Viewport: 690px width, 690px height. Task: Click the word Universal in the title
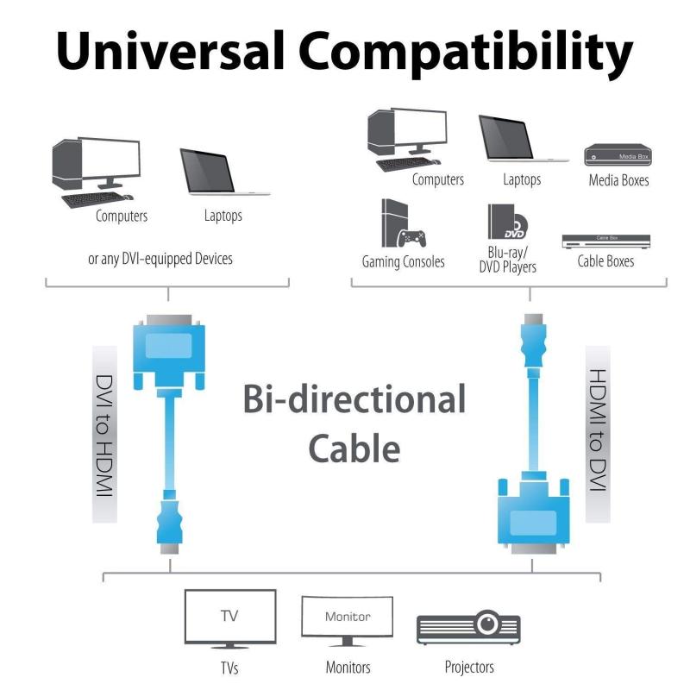tap(170, 50)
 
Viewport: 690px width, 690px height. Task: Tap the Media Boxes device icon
tap(618, 155)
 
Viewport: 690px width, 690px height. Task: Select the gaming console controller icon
tap(411, 238)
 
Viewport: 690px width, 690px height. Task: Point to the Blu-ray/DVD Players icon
tap(507, 222)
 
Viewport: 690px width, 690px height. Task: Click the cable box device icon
tap(606, 241)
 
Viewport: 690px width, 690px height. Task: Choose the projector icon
tap(468, 627)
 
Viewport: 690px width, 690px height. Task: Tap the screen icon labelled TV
tap(230, 618)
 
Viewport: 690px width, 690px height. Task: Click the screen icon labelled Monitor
tap(348, 621)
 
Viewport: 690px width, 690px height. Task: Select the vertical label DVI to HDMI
tap(104, 435)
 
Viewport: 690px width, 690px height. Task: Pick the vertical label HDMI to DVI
tap(598, 430)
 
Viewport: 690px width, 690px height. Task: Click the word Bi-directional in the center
tap(354, 399)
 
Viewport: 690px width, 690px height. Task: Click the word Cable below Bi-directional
tap(354, 448)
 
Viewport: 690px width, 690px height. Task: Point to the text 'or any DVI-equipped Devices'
tap(160, 259)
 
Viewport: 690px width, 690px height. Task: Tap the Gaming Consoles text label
tap(403, 261)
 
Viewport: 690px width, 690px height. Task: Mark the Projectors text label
tap(469, 667)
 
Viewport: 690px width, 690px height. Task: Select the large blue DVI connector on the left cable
tap(169, 352)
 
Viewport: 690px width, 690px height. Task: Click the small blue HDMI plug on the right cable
tap(533, 341)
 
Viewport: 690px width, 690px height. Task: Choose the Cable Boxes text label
tap(606, 261)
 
